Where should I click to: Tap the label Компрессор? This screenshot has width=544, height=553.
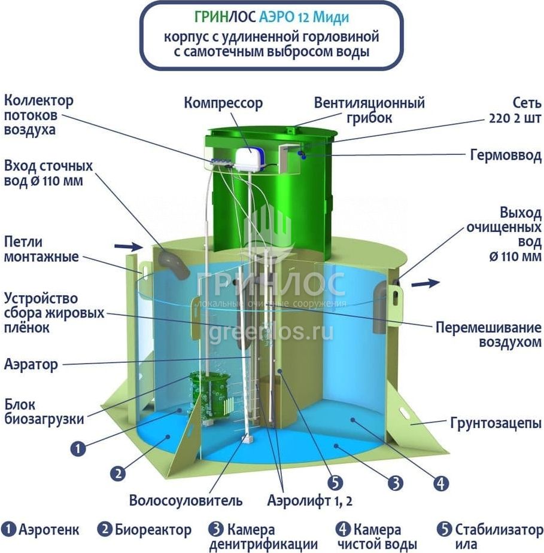pos(223,103)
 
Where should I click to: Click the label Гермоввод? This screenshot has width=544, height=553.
pos(506,155)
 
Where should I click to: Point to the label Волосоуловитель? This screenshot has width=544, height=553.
pos(186,500)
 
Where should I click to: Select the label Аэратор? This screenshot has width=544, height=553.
pos(31,364)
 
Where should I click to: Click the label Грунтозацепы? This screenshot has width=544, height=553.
pos(496,423)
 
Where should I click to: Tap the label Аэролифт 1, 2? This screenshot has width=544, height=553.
pos(309,500)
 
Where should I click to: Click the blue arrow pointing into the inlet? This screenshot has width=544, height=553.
pos(129,246)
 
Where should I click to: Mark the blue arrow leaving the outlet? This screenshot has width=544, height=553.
pos(426,283)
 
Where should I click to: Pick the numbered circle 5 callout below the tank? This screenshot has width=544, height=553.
pos(335,482)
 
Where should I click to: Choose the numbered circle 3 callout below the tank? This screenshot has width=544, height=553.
pos(395,482)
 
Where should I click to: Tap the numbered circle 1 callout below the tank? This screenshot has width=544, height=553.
pos(78,448)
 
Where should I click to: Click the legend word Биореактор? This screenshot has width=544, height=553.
pos(153,530)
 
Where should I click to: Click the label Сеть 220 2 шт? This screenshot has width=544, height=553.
pos(515,110)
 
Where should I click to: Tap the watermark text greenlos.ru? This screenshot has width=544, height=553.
pos(271,332)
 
